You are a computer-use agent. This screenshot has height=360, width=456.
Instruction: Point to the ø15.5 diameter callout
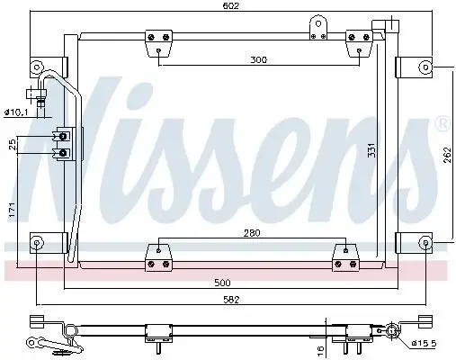[x=425, y=344]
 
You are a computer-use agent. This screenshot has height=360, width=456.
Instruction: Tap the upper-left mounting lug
[x=37, y=67]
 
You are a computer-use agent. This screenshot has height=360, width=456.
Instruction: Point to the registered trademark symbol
[x=441, y=121]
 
